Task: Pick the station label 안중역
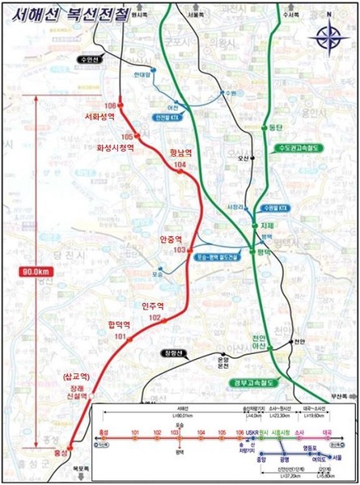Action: (173, 239)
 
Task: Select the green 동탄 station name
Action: (277, 128)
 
